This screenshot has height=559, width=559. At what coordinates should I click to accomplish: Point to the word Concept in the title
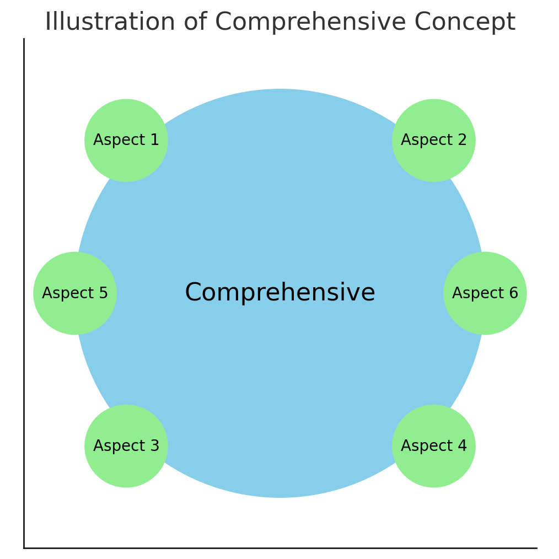tap(465, 23)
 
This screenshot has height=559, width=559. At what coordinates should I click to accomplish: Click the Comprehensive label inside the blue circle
tap(280, 293)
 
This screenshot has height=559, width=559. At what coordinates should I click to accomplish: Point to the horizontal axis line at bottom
tap(276, 548)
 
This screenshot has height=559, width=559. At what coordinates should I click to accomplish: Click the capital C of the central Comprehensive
tap(192, 293)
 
